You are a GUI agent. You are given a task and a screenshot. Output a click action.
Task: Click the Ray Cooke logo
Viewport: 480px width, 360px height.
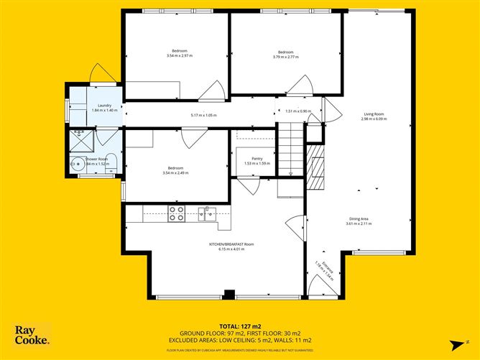click(x=32, y=335)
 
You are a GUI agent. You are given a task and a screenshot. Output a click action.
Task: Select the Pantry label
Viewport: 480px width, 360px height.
click(x=257, y=159)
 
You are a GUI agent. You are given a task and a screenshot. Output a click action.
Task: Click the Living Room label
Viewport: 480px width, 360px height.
click(x=374, y=114)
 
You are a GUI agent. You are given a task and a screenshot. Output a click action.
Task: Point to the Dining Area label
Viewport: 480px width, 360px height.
click(x=359, y=220)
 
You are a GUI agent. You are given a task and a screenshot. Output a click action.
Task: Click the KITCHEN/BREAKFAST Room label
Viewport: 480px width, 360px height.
click(x=231, y=244)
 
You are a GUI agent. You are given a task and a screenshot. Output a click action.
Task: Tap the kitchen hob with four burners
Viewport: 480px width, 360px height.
click(x=176, y=213)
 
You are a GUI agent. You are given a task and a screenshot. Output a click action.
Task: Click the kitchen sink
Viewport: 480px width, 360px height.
click(x=208, y=213)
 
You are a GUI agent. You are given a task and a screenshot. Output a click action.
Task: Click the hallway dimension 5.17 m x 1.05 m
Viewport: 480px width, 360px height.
click(x=203, y=115)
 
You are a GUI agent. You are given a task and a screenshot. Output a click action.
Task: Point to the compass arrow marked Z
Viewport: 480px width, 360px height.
click(x=456, y=343)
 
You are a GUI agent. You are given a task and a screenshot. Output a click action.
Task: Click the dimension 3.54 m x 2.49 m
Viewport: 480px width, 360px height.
click(x=180, y=172)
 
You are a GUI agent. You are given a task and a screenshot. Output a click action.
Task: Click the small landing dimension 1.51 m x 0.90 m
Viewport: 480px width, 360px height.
click(x=297, y=111)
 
